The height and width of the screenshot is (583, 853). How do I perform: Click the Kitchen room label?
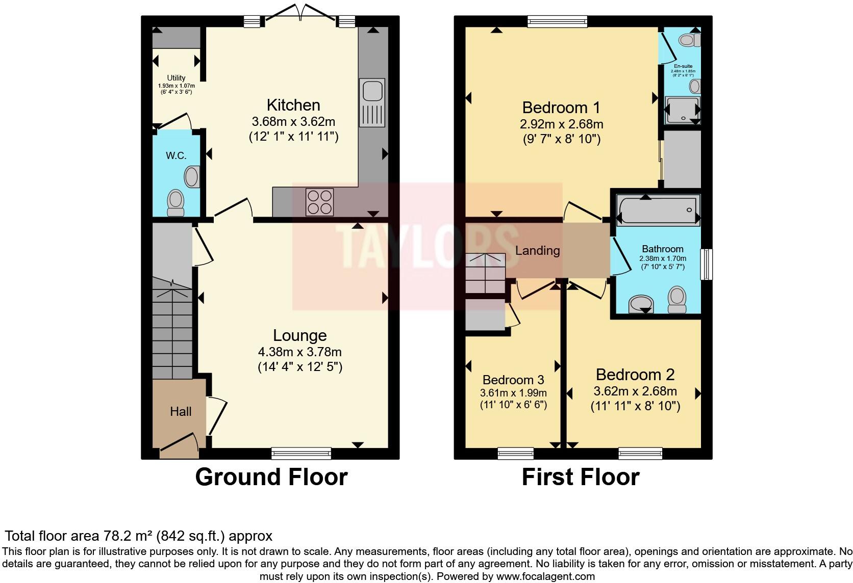293,105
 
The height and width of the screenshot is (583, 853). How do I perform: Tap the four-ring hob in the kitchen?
319,202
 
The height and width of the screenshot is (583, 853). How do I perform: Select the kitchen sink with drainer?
372,102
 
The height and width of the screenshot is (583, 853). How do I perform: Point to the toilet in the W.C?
176,202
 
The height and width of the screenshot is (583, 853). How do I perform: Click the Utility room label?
176,78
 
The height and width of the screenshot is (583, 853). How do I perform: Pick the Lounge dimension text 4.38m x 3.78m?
299,352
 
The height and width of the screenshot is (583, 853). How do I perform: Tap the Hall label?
181,411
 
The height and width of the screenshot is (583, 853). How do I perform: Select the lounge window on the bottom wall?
301,453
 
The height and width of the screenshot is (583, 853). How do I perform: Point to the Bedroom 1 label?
561,108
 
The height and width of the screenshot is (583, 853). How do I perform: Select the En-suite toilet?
690,39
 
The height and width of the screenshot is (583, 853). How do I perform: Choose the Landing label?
537,250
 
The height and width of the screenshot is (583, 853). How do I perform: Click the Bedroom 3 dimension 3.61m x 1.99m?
513,393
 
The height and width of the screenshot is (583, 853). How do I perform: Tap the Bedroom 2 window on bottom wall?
640,453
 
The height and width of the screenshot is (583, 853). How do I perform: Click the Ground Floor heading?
271,477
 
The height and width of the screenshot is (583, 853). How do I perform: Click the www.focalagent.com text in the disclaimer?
545,577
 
